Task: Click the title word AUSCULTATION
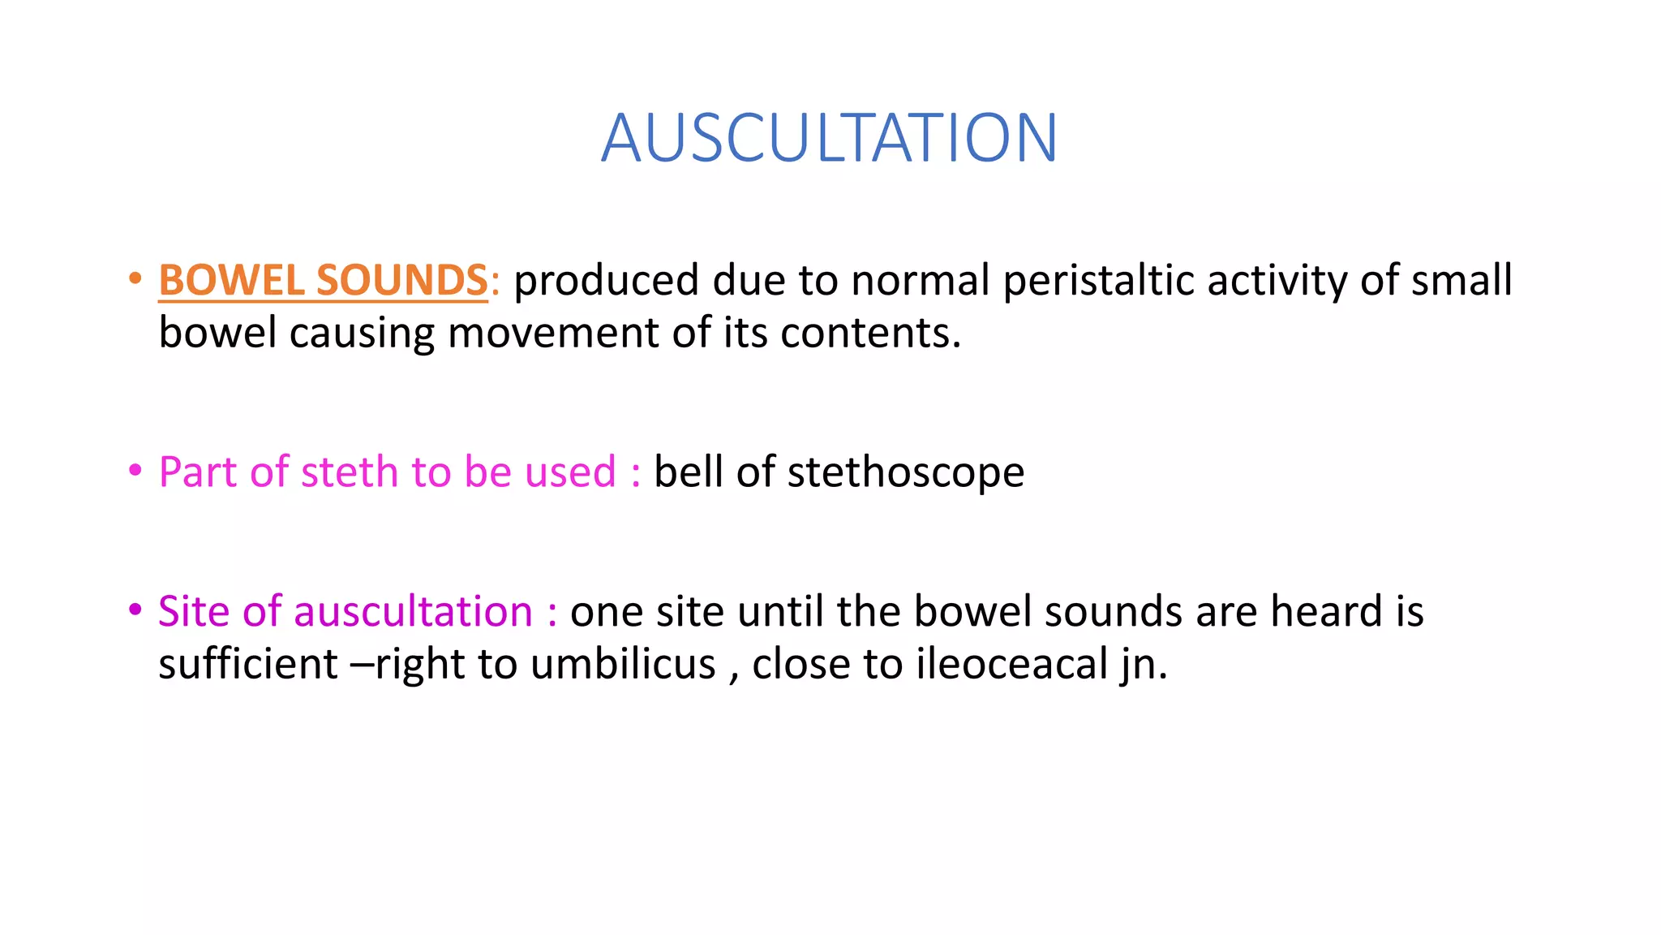[829, 138]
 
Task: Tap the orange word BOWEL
[231, 281]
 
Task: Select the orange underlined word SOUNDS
[402, 281]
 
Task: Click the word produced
[606, 281]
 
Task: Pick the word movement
[553, 333]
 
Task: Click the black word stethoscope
[906, 472]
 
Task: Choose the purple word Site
[195, 611]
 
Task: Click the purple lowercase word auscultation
[413, 611]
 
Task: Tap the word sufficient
[247, 664]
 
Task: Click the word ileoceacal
[1012, 664]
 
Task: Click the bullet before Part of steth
[135, 471]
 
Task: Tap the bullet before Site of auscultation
[135, 610]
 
